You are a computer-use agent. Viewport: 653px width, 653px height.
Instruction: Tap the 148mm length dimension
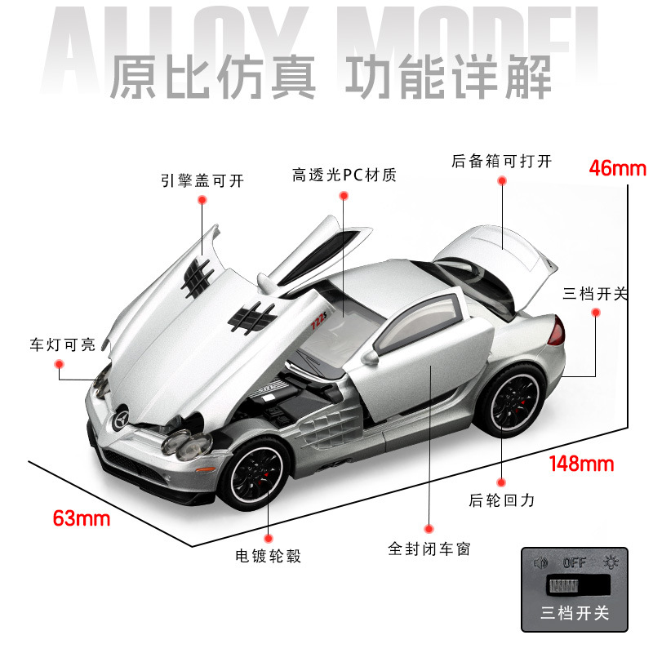[580, 464]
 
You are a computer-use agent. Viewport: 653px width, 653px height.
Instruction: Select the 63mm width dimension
[81, 518]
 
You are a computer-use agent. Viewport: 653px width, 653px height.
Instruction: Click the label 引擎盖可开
[202, 180]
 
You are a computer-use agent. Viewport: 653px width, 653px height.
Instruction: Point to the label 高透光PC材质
[344, 175]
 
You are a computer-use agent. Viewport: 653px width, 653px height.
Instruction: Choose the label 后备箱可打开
[501, 161]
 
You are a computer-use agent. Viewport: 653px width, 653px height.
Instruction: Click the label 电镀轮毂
[268, 557]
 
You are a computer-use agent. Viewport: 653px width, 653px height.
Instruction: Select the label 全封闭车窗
[429, 549]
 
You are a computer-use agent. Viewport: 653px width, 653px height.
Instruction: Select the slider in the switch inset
[560, 588]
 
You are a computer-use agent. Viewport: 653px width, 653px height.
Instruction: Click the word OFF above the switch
[575, 562]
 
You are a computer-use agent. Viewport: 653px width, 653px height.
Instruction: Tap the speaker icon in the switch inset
[539, 562]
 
